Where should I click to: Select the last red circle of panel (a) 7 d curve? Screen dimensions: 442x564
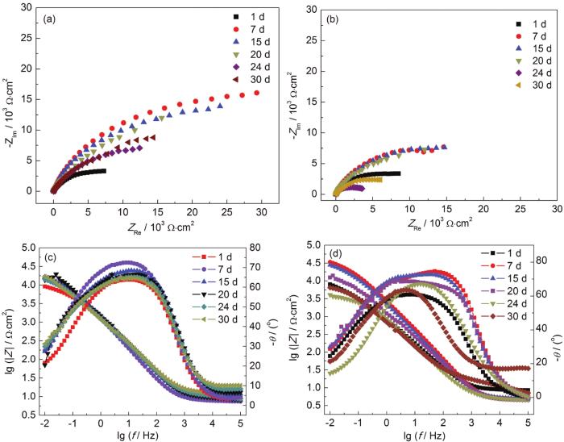click(x=257, y=93)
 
